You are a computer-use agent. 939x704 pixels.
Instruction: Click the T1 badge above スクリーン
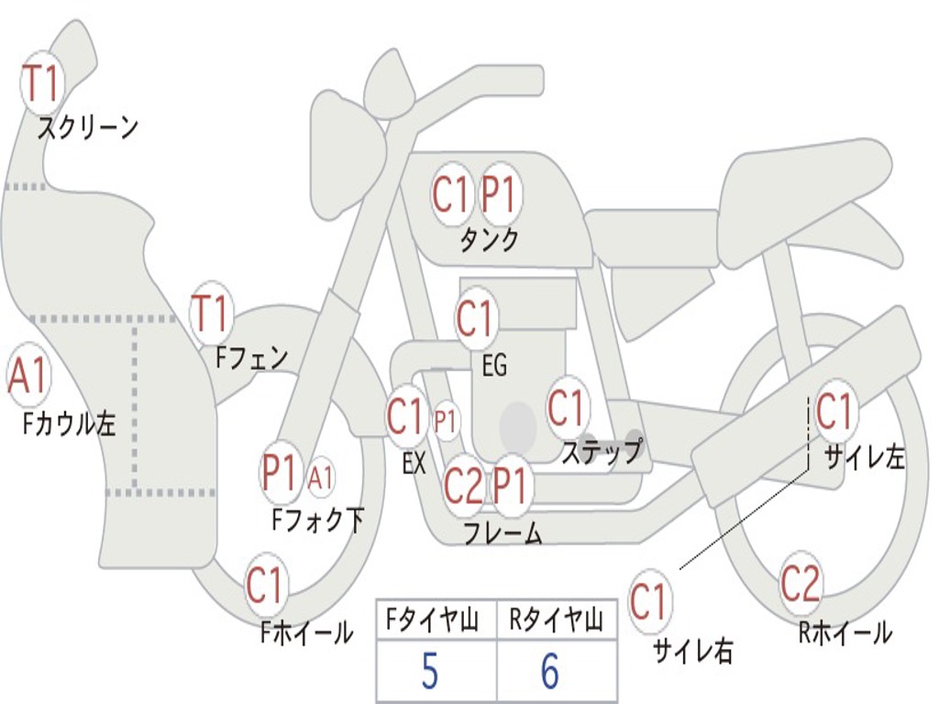click(x=40, y=83)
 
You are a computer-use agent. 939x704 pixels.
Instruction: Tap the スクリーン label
click(x=87, y=127)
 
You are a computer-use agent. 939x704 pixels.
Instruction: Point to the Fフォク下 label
click(x=317, y=521)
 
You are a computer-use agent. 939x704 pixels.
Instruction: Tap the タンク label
click(x=489, y=239)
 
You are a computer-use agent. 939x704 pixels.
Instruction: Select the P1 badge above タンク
click(x=501, y=194)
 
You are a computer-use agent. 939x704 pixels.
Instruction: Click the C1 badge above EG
click(x=475, y=320)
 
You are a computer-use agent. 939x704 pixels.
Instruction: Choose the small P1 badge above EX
click(x=446, y=422)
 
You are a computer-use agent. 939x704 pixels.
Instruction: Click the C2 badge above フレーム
click(x=462, y=486)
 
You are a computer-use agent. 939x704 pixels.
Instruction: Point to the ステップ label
click(x=601, y=452)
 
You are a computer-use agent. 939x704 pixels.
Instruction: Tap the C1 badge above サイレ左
click(x=834, y=412)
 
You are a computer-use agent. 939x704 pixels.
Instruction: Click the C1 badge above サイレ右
click(x=649, y=602)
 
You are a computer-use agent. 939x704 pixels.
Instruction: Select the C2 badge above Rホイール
click(x=801, y=584)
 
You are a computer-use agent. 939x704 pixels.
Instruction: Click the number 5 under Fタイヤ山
click(x=430, y=672)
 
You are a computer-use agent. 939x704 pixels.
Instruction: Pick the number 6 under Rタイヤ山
click(x=549, y=672)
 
